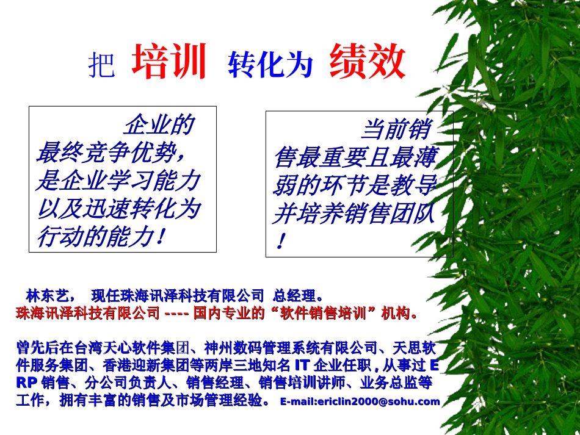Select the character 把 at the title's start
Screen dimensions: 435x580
tap(101, 65)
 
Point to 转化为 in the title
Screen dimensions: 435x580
tap(270, 64)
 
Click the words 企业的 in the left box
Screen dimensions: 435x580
tap(159, 125)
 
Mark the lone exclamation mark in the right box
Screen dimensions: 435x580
tap(280, 242)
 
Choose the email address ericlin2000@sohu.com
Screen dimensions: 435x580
tap(360, 401)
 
